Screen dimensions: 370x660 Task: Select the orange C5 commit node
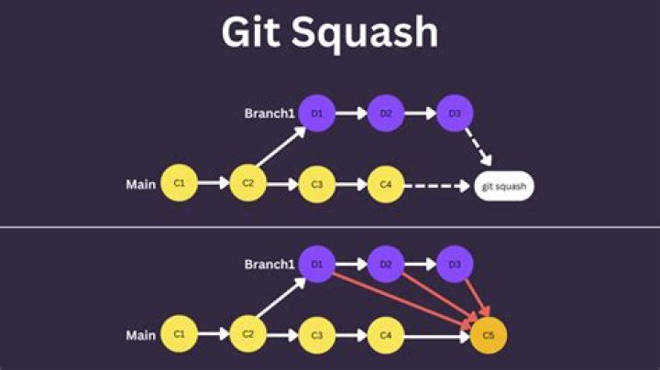(x=488, y=336)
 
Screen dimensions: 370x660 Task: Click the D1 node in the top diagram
(x=317, y=114)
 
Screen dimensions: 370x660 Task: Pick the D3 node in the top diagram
(x=455, y=114)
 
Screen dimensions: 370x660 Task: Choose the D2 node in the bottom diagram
(x=386, y=265)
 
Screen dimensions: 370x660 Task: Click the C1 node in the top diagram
(x=180, y=184)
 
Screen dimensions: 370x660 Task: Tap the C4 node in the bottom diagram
(x=386, y=336)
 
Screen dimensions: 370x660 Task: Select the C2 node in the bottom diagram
(x=247, y=335)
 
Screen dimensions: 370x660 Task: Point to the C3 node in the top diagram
(x=317, y=184)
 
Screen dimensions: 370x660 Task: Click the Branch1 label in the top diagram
(x=269, y=114)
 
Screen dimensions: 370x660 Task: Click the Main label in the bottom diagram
(x=140, y=336)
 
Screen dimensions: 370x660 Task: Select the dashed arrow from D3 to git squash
(x=478, y=147)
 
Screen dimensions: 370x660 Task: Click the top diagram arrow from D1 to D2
(x=351, y=114)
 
